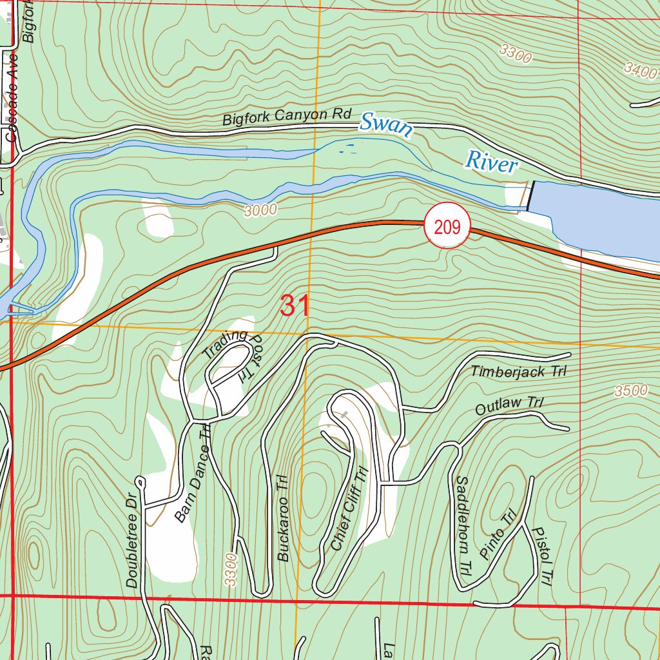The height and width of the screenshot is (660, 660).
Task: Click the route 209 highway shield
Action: pyautogui.click(x=447, y=227)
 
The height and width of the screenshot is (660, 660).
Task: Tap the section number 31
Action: pyautogui.click(x=295, y=306)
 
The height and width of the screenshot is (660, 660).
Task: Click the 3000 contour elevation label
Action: pyautogui.click(x=260, y=209)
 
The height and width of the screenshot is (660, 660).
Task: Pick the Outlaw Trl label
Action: pyautogui.click(x=509, y=406)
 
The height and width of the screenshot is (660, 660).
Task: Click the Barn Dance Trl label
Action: pyautogui.click(x=192, y=472)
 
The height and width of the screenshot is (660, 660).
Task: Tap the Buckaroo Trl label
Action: pyautogui.click(x=283, y=520)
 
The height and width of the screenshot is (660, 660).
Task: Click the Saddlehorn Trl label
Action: pyautogui.click(x=462, y=525)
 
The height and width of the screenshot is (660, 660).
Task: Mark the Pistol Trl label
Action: pyautogui.click(x=542, y=556)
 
